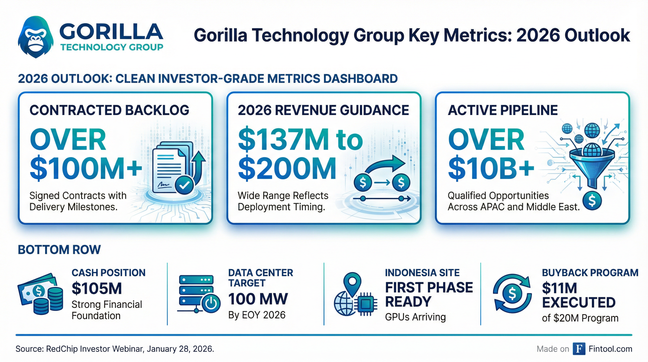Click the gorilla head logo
click(x=36, y=37)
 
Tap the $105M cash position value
click(x=97, y=288)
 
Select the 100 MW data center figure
click(x=258, y=299)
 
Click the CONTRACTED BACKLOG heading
click(x=109, y=110)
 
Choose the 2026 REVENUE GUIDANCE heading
click(x=323, y=110)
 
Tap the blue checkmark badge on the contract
click(x=184, y=185)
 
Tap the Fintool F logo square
click(x=579, y=349)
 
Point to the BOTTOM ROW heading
click(x=59, y=250)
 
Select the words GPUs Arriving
click(x=415, y=317)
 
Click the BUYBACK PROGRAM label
click(x=590, y=273)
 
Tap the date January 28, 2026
click(x=180, y=349)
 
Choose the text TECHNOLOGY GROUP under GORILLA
click(x=112, y=47)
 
